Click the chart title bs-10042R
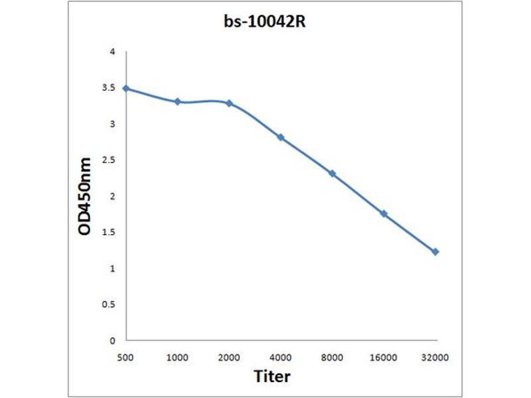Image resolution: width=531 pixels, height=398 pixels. (x=265, y=21)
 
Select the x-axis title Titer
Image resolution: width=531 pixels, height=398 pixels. (x=272, y=377)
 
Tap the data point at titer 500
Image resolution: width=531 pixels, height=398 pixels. (x=126, y=88)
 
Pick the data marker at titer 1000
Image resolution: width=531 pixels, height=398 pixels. (x=177, y=101)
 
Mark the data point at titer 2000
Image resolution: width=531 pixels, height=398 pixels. (x=229, y=103)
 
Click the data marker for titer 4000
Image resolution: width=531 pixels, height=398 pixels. (x=281, y=137)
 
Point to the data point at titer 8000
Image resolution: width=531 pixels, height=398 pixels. (x=332, y=174)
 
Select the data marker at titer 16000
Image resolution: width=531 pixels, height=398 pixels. (x=384, y=214)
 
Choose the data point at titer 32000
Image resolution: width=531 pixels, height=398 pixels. (x=435, y=252)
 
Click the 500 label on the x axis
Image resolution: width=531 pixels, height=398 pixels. (x=126, y=358)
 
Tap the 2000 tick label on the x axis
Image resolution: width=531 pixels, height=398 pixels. (x=229, y=358)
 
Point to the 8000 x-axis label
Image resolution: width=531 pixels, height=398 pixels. (x=332, y=358)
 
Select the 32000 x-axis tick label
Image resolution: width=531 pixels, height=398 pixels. (x=435, y=358)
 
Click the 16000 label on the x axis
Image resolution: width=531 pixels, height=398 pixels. (x=384, y=358)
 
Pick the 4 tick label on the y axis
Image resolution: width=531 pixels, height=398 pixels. (x=113, y=52)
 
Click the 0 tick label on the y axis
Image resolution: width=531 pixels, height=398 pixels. (x=113, y=340)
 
